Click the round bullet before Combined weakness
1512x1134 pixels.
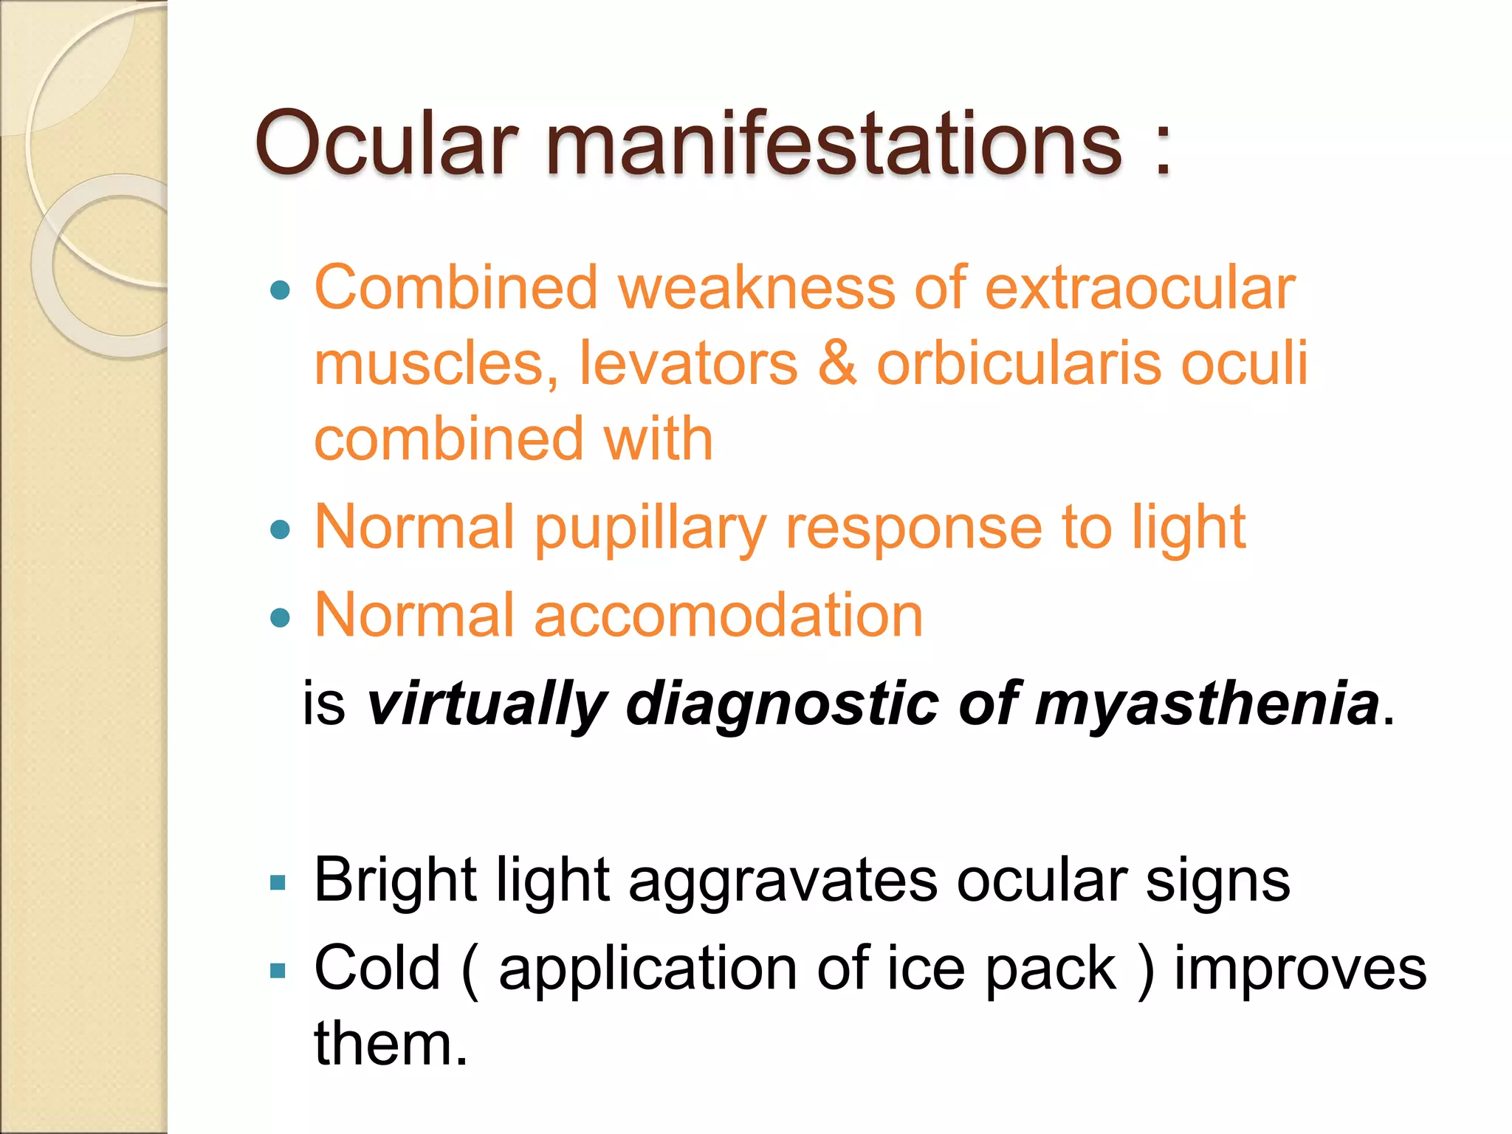[281, 290]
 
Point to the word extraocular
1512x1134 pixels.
[1140, 288]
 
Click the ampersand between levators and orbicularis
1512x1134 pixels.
[836, 363]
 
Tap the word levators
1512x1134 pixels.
[688, 363]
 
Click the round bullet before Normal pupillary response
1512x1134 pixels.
[281, 529]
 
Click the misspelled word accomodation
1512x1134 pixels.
[728, 616]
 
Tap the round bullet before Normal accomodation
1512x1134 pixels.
[281, 617]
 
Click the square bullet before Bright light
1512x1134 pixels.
[278, 882]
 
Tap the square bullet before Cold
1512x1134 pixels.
[278, 970]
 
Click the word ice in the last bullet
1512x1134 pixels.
[926, 969]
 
